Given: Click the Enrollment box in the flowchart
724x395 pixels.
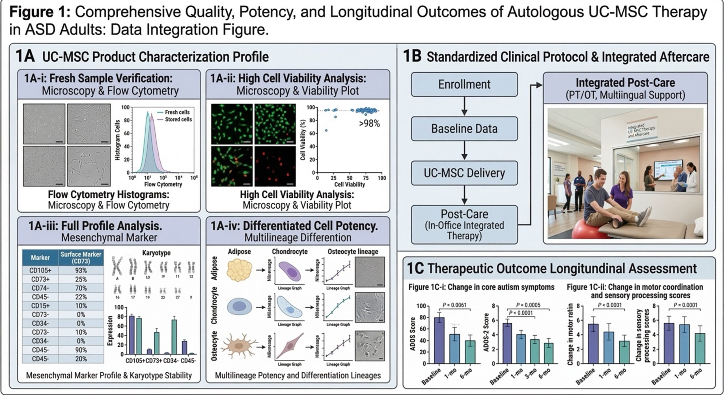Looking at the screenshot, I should point(464,84).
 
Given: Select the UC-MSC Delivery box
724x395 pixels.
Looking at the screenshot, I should point(464,173).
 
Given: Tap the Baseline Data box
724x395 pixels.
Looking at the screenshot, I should point(464,129).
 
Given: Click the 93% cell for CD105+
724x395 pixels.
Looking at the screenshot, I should point(81,270).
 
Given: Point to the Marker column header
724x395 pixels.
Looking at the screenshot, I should point(40,258).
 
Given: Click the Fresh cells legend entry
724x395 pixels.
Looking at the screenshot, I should point(177,112).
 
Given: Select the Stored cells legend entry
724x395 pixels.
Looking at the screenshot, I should point(178,120).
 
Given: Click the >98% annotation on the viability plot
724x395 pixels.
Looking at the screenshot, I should point(369,123).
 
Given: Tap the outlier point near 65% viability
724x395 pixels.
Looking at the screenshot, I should point(326,130).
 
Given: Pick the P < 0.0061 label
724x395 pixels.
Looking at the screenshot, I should point(454,305).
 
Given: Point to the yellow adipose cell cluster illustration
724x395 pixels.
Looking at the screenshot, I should point(239,270).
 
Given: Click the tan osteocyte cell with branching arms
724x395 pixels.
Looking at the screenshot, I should point(239,346).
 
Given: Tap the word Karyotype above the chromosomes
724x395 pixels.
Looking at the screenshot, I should point(156,253).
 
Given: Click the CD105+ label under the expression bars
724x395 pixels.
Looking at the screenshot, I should point(135,361).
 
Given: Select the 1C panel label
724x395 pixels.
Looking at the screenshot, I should point(415,269).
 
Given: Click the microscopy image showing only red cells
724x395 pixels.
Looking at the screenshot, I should point(275,166).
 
